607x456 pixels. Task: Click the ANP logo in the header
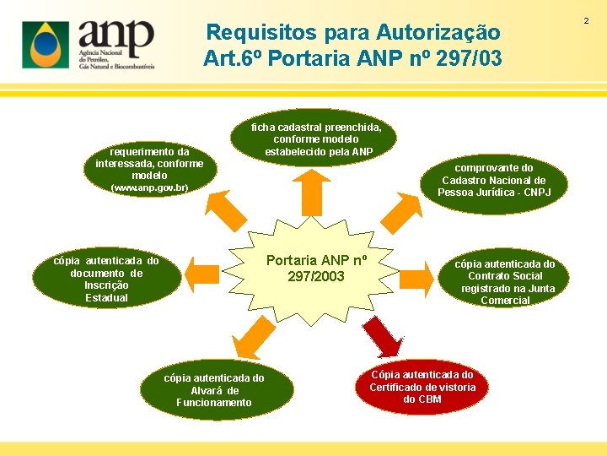click(89, 44)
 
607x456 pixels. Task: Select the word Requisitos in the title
click(247, 33)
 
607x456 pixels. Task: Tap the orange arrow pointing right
click(416, 274)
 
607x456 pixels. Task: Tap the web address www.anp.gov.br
click(149, 187)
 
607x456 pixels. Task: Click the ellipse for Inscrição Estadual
click(106, 279)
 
